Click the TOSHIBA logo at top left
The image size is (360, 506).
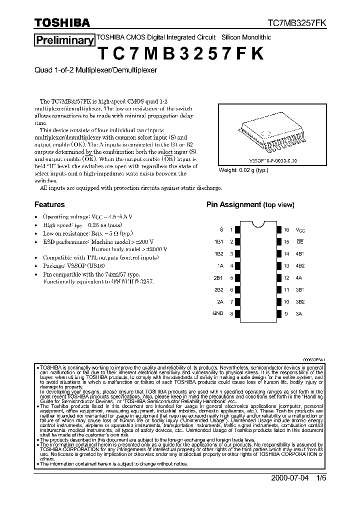tap(62, 22)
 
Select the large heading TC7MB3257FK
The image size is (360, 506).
tap(180, 54)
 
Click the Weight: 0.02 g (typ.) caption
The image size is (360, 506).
tap(243, 170)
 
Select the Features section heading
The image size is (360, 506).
tap(49, 204)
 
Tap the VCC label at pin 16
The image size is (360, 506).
tap(300, 230)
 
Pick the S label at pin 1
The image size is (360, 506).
tap(221, 229)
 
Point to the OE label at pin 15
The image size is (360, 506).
tap(300, 241)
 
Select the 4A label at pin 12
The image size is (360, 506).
tap(299, 277)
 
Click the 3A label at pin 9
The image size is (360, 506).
tap(299, 313)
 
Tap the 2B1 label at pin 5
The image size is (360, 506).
tap(218, 277)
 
